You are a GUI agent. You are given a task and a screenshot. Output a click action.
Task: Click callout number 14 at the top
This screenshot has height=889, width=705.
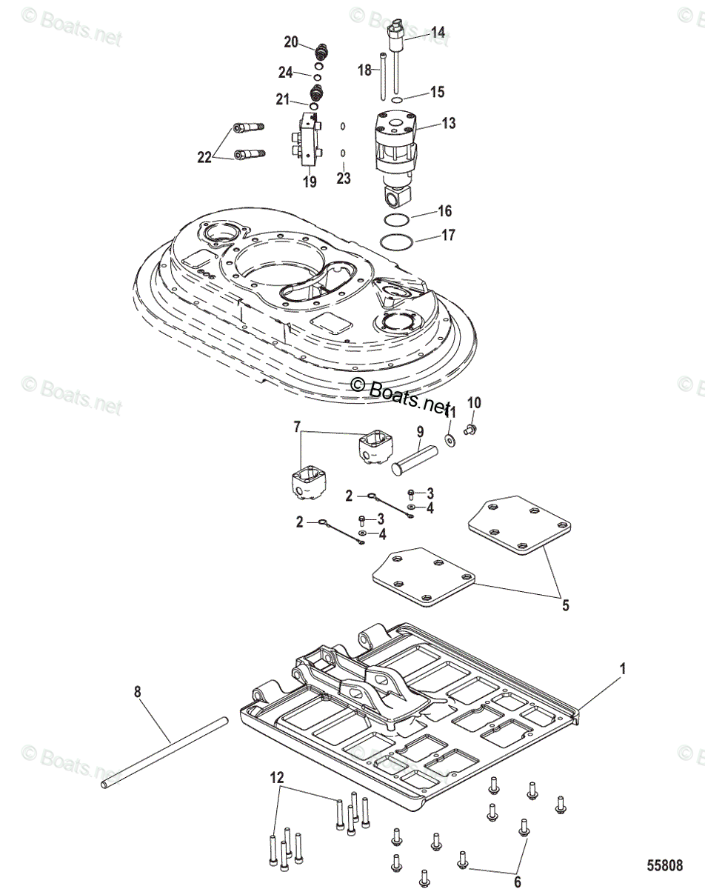[x=438, y=33]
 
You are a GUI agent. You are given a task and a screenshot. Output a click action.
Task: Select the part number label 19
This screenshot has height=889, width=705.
[x=310, y=181]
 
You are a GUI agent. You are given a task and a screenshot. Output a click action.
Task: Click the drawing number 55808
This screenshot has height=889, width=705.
[x=661, y=865]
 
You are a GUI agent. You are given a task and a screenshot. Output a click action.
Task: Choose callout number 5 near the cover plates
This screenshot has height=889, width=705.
[x=565, y=605]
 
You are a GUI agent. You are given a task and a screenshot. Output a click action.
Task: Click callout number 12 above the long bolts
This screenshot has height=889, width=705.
[x=276, y=777]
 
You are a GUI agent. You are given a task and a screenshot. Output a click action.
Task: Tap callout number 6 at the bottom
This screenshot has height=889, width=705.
[x=517, y=882]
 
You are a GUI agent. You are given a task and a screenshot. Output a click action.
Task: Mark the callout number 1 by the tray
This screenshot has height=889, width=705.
[x=623, y=668]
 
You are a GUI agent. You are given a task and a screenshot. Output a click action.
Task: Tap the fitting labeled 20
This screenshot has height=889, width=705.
[x=321, y=52]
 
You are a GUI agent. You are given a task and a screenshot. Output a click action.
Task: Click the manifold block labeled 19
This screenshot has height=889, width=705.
[x=309, y=141]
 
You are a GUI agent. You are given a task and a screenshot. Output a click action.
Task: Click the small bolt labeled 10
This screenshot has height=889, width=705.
[x=469, y=429]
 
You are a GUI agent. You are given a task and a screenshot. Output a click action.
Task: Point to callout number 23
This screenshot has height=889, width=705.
[x=344, y=179]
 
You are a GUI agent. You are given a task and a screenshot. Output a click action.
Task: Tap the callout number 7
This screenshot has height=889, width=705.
[x=297, y=427]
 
